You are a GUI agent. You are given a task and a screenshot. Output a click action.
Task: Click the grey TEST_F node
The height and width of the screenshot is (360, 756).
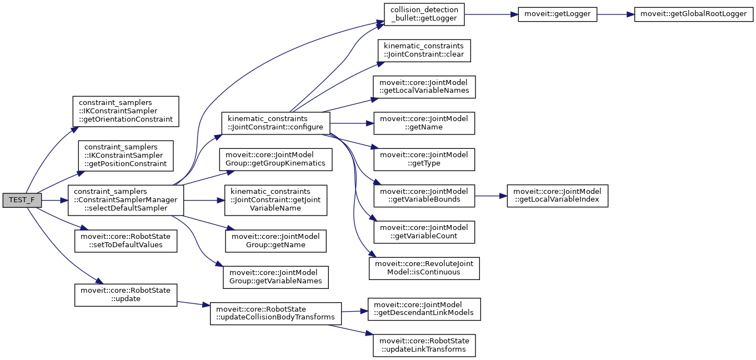pos(22,200)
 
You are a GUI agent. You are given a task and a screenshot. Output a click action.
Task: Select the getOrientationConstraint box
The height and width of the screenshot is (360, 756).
pos(126,111)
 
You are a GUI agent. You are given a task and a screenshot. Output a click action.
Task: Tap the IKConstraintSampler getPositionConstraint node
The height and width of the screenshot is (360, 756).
pos(126,156)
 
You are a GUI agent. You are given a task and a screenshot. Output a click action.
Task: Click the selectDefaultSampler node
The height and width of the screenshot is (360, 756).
pos(126,200)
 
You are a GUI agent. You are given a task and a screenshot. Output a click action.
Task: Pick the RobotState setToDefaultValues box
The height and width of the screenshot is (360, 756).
pos(126,240)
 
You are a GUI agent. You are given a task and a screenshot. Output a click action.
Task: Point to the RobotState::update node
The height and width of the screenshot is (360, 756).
pos(126,294)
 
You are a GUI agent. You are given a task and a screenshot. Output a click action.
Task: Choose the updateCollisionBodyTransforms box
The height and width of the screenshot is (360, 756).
pos(275,313)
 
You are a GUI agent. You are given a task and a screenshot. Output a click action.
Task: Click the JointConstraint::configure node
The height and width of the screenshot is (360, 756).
pos(276,123)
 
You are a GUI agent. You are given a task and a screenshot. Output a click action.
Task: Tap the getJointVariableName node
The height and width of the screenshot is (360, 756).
pos(276,200)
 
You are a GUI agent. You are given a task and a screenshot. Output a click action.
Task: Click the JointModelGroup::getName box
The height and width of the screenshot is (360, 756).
pos(276,240)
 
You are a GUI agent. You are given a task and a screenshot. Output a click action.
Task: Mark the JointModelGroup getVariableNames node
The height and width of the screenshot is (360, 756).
pos(276,277)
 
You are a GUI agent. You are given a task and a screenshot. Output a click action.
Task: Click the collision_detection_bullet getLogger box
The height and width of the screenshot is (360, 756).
pos(424,14)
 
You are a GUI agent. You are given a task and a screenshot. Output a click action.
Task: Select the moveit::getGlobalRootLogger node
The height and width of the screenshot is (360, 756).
pos(694,14)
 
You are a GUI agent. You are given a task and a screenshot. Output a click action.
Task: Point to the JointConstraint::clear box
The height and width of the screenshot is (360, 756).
pos(424,51)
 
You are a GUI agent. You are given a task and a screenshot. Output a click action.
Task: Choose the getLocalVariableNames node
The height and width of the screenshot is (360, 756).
pos(424,87)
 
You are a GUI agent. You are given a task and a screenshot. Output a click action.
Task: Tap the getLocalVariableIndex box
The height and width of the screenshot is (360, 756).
pos(557,195)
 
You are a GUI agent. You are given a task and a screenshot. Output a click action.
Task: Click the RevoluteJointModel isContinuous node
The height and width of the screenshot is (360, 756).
pos(424,268)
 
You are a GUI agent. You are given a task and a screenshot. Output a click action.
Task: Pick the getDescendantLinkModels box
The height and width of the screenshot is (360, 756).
pos(424,308)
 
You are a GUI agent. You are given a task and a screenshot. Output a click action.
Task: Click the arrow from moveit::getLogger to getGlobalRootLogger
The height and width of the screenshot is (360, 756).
pos(615,14)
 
